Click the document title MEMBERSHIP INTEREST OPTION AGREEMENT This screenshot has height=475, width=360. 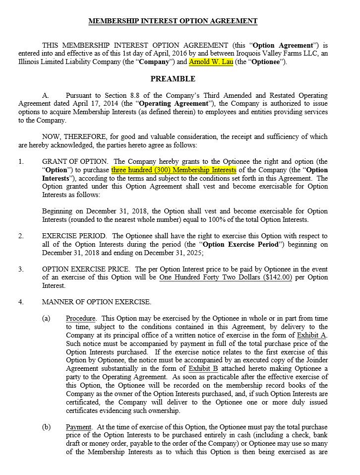(173, 21)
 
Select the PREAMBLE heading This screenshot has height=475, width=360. (173, 79)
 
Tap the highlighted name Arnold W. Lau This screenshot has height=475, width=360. (211, 62)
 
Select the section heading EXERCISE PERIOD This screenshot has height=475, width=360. (72, 236)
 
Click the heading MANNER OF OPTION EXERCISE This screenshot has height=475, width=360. (97, 302)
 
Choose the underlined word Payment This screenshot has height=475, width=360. (79, 427)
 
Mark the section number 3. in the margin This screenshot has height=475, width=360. (21, 269)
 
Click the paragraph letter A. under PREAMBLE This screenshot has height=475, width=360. (46, 95)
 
